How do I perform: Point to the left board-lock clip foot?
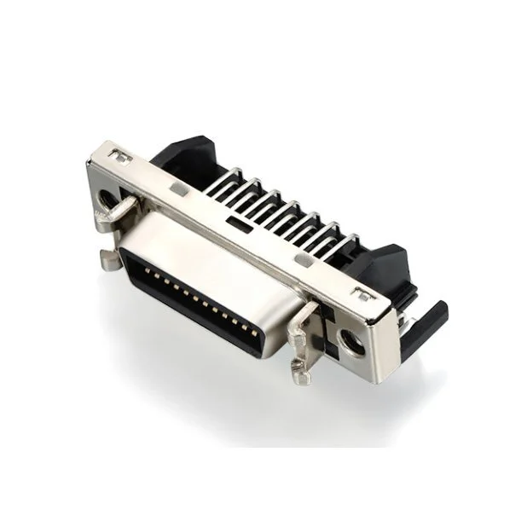pyautogui.click(x=108, y=259)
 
